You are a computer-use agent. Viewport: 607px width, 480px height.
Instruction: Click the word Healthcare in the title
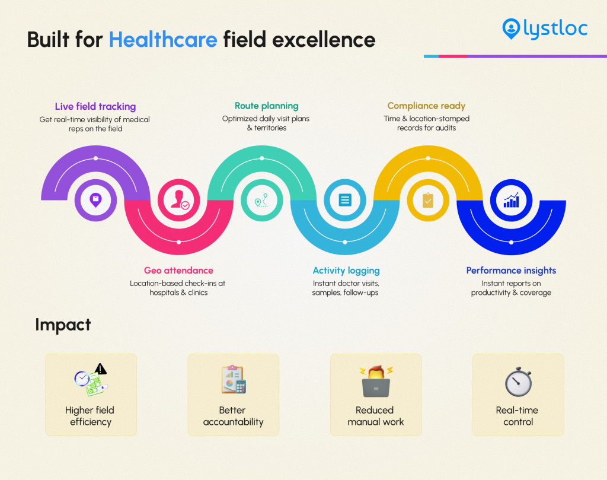[x=163, y=39]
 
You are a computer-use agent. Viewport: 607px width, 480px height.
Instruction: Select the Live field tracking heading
[x=95, y=107]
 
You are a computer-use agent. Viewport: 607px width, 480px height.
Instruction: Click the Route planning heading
[x=266, y=106]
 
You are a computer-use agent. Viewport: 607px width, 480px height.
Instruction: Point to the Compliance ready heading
[x=426, y=106]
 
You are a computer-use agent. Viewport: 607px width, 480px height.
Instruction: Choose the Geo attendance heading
[x=178, y=271]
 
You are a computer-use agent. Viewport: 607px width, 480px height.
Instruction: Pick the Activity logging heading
[x=346, y=271]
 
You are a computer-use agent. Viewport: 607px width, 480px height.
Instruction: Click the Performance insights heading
[x=511, y=271]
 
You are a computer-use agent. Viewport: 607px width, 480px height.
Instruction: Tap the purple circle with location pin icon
[x=95, y=200]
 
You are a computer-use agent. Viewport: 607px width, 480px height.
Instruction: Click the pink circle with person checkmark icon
[x=179, y=200]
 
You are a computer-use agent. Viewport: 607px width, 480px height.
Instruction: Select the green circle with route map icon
[x=261, y=200]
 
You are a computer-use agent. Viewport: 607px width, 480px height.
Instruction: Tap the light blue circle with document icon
[x=345, y=200]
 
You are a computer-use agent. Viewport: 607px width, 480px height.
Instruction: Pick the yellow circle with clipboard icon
[x=427, y=200]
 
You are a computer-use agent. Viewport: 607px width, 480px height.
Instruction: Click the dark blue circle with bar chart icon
[x=511, y=200]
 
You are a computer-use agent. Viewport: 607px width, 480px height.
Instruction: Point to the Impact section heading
[x=63, y=325]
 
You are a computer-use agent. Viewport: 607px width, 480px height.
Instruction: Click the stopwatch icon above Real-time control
[x=518, y=382]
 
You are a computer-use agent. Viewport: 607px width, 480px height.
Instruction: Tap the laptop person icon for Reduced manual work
[x=375, y=382]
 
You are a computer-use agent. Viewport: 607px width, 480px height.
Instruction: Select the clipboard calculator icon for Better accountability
[x=233, y=380]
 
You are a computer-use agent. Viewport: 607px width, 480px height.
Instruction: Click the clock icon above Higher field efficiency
[x=82, y=378]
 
